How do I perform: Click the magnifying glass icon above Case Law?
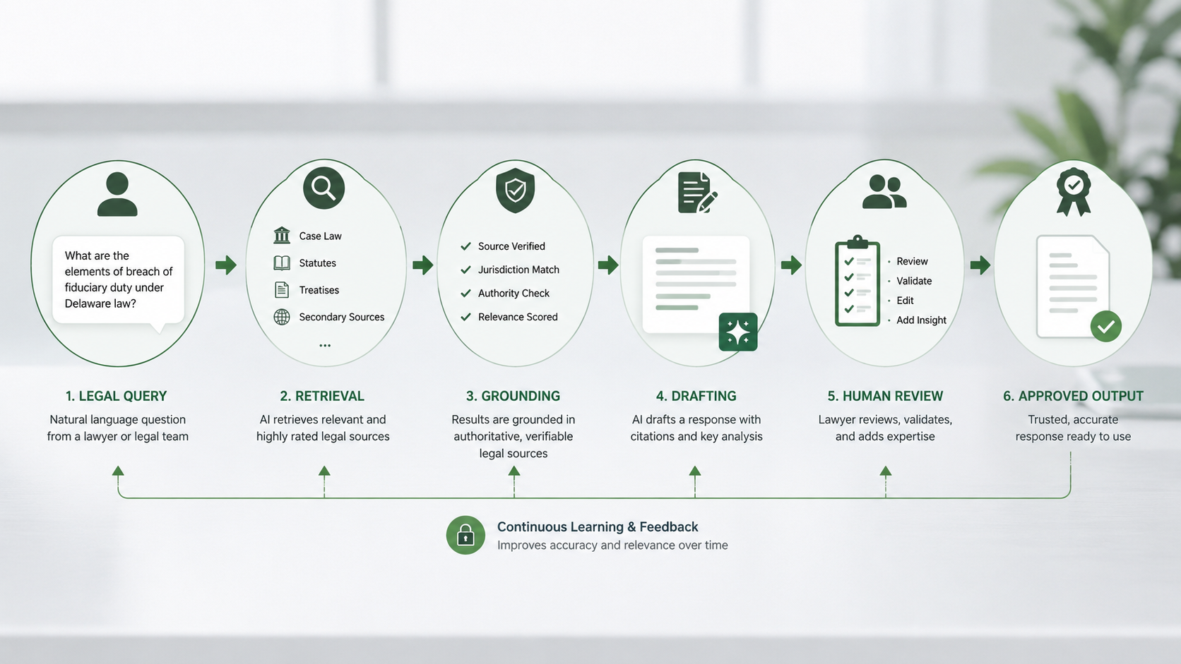click(x=324, y=188)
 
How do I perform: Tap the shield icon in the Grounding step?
click(x=515, y=190)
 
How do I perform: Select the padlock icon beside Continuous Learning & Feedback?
click(x=465, y=535)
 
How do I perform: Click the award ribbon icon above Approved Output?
click(x=1074, y=192)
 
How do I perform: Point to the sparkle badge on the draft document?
click(x=738, y=332)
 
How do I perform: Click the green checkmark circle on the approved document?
click(x=1106, y=327)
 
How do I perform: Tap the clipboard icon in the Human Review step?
click(x=857, y=281)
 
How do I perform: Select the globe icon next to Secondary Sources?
click(x=282, y=317)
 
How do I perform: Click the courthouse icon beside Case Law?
click(x=282, y=236)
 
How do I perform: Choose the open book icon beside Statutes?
click(x=282, y=262)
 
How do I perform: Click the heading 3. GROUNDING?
click(x=513, y=396)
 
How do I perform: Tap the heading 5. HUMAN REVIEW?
click(x=885, y=396)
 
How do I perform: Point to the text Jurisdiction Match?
click(x=518, y=270)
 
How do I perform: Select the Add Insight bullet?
click(x=921, y=320)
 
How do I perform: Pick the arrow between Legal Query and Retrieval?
click(x=226, y=265)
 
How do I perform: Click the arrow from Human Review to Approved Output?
click(x=980, y=265)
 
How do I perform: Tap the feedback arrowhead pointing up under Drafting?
click(x=695, y=471)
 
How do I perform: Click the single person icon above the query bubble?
click(x=117, y=194)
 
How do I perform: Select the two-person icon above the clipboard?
click(x=885, y=192)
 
